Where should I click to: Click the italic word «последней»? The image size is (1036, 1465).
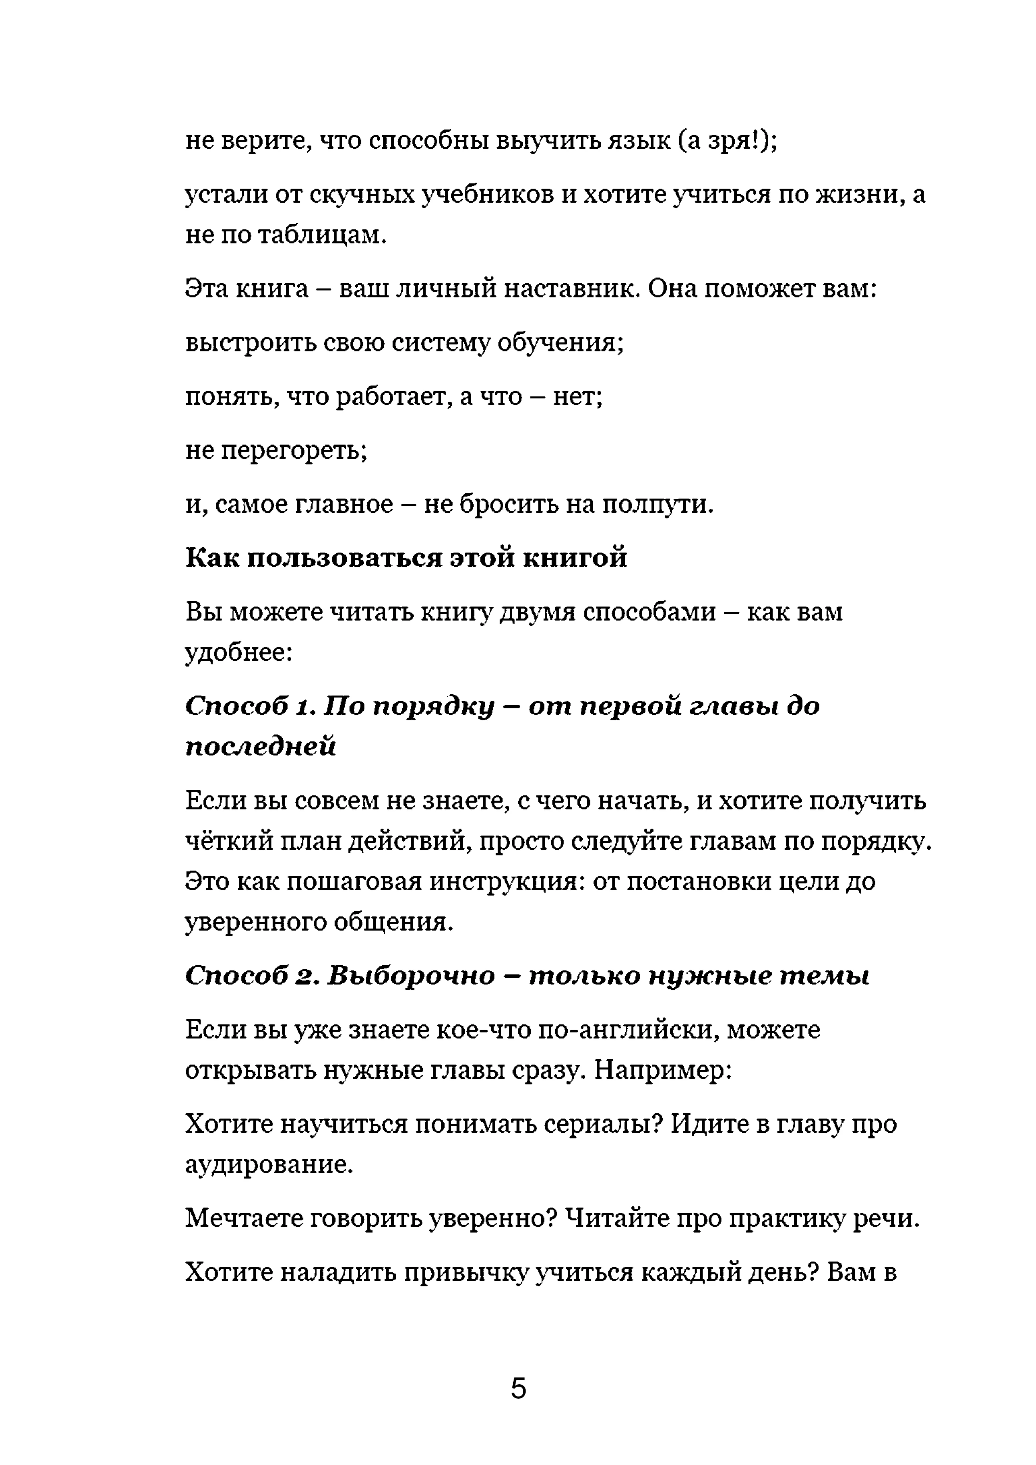click(260, 746)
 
